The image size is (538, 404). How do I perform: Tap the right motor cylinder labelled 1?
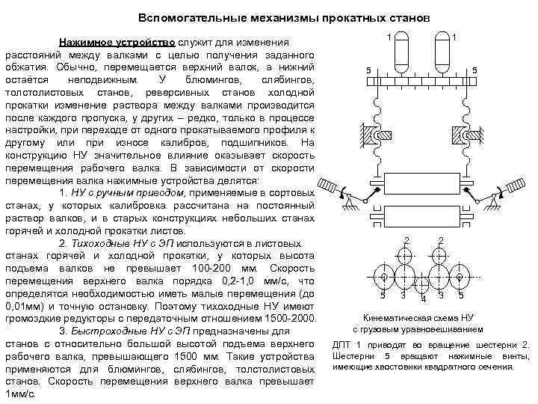(x=444, y=51)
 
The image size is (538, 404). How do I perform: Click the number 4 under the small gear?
(x=423, y=301)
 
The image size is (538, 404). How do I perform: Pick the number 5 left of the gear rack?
(x=368, y=71)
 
